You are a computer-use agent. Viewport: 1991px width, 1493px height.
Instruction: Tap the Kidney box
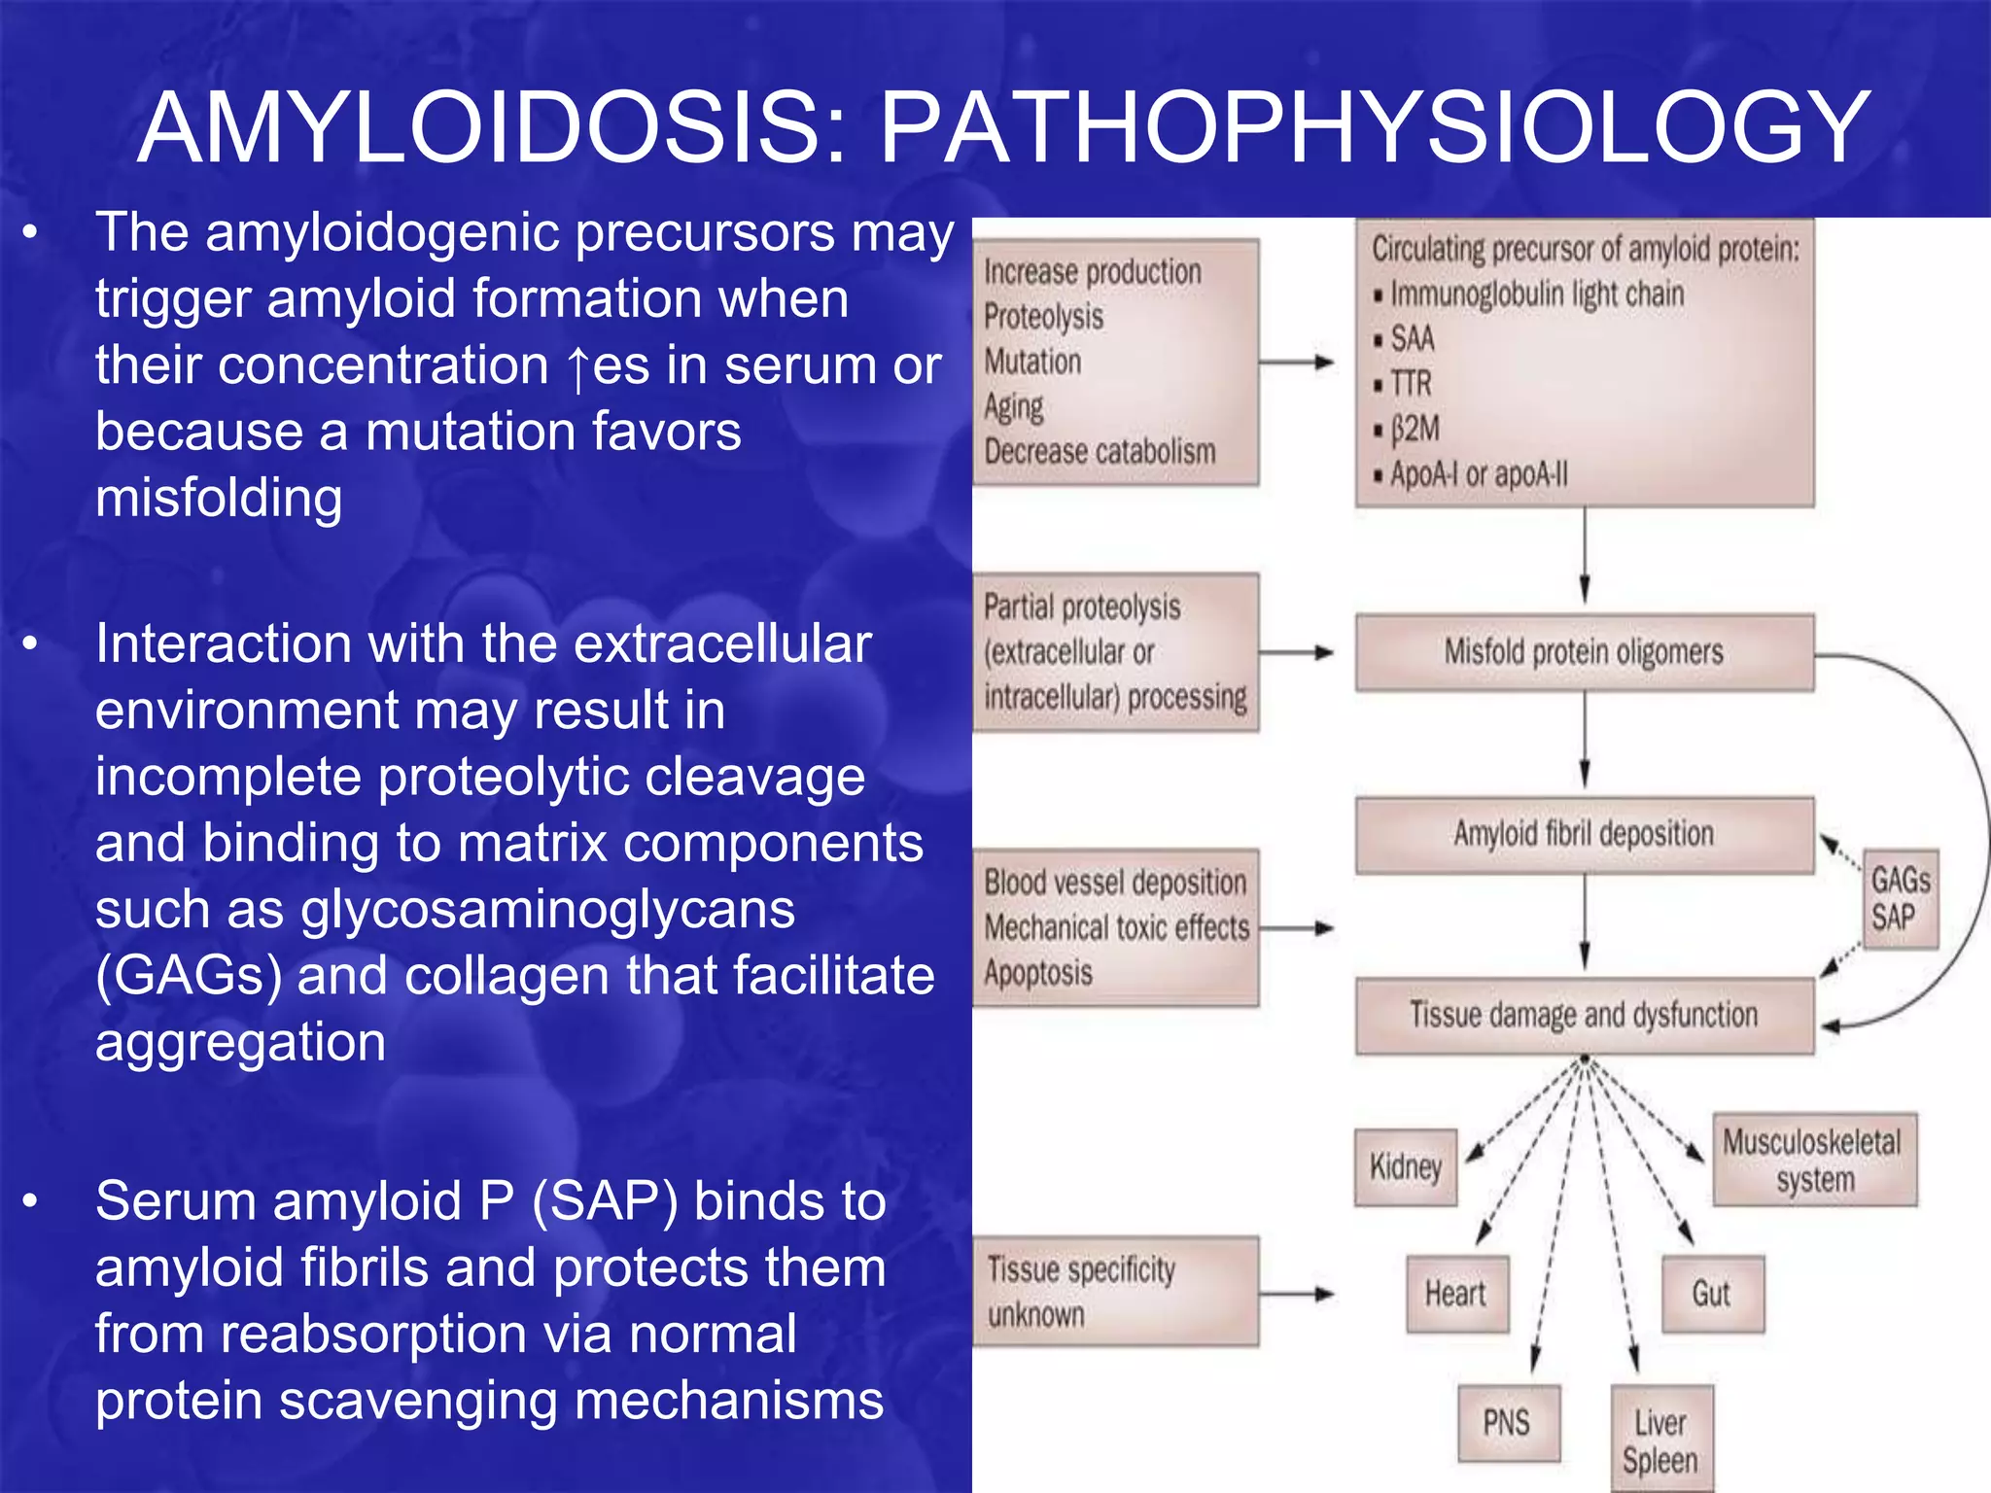[x=1406, y=1166]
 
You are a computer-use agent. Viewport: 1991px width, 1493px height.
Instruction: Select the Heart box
[x=1456, y=1294]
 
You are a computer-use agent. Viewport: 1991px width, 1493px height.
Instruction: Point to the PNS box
[x=1508, y=1423]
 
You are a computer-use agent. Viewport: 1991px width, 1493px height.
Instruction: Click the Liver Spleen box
[x=1660, y=1441]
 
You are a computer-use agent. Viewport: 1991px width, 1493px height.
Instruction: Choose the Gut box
[x=1712, y=1294]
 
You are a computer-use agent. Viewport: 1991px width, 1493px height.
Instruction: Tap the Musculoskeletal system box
[x=1814, y=1161]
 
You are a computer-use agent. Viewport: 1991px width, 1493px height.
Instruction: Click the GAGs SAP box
[x=1900, y=899]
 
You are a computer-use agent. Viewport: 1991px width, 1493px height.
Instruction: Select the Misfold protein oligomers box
[x=1584, y=652]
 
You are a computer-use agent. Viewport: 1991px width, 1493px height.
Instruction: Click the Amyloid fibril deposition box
[x=1584, y=835]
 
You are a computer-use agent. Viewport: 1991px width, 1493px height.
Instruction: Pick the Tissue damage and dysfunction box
[x=1584, y=1016]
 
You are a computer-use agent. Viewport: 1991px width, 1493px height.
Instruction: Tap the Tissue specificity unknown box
[x=1116, y=1292]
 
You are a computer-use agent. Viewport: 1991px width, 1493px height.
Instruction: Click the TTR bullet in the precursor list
[x=1410, y=384]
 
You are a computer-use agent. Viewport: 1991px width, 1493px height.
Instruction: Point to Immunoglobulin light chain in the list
[x=1536, y=294]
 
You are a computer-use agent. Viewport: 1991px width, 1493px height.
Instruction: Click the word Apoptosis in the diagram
[x=1038, y=973]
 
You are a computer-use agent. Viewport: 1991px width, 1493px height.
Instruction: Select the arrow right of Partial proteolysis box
[x=1298, y=653]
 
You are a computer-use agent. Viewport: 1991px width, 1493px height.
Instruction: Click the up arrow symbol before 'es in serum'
[x=578, y=368]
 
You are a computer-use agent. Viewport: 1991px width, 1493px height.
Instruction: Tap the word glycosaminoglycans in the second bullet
[x=547, y=911]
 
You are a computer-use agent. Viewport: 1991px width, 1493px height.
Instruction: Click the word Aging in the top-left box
[x=1014, y=406]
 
